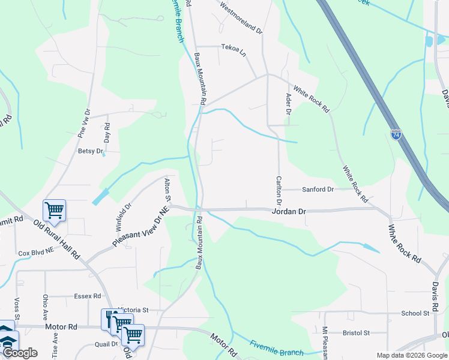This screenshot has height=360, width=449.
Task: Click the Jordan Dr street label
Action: click(x=289, y=212)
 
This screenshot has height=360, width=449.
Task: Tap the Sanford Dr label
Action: click(x=318, y=190)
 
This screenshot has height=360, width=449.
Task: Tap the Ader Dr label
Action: click(x=289, y=104)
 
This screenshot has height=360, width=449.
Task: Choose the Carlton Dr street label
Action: click(x=279, y=189)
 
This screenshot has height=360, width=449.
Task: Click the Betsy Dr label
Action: click(x=91, y=151)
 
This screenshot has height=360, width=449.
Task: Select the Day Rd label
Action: click(x=107, y=132)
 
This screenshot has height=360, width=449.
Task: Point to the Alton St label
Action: click(x=168, y=189)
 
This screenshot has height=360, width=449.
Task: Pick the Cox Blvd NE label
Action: click(x=37, y=254)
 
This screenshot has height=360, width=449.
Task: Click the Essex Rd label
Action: click(x=88, y=296)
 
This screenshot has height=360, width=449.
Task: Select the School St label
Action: click(x=415, y=313)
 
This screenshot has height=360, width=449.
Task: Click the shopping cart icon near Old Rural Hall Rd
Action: click(x=54, y=210)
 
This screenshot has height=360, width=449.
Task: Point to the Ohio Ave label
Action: click(x=45, y=306)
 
